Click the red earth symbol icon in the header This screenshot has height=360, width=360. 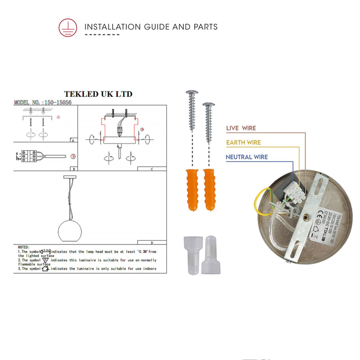tap(67, 27)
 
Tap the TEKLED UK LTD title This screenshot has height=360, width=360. tap(98, 94)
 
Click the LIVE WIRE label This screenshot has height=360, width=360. tap(241, 128)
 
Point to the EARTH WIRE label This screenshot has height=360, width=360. tap(243, 142)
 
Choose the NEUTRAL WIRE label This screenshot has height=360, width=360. tap(247, 157)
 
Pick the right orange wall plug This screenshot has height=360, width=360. tap(209, 190)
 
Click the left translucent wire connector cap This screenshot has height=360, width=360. tap(192, 255)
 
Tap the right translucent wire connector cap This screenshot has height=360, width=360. tap(211, 255)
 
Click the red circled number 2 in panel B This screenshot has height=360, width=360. tap(73, 156)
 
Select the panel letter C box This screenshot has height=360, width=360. tap(152, 169)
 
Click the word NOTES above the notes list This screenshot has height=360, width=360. tap(24, 247)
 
